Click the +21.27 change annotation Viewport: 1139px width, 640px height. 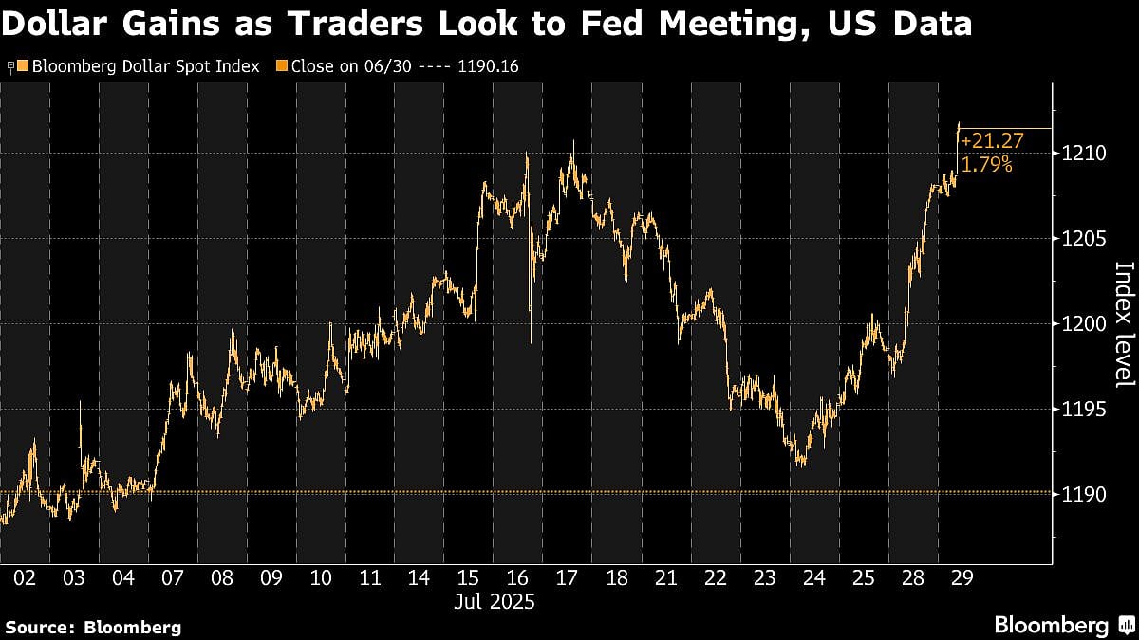pos(985,141)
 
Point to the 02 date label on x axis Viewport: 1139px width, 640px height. pos(25,577)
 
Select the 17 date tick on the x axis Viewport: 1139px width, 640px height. pos(567,577)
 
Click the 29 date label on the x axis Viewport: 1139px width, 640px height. pos(962,577)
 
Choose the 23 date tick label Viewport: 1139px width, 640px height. pos(764,577)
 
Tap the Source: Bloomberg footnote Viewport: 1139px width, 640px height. pos(93,627)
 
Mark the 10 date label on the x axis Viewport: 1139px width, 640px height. pos(321,577)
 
